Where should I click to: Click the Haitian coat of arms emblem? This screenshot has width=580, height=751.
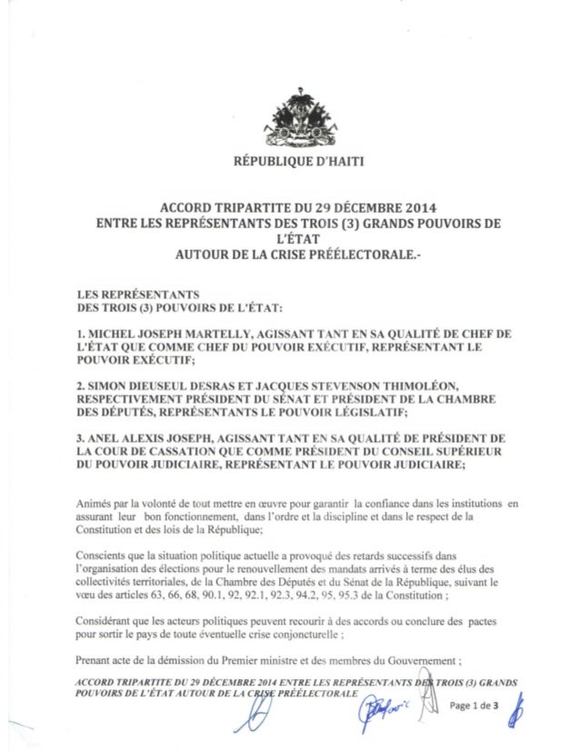[290, 124]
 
